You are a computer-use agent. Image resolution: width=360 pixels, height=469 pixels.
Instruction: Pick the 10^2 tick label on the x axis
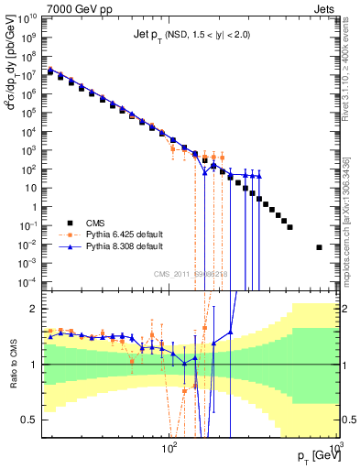pyautogui.click(x=169, y=448)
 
